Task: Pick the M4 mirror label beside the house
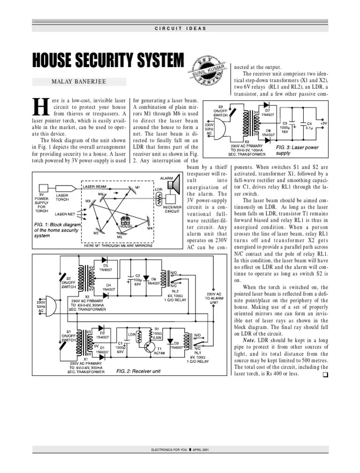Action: click(150, 229)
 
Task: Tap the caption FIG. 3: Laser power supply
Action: click(297, 150)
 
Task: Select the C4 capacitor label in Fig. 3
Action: click(309, 123)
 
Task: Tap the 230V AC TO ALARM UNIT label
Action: click(214, 299)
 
